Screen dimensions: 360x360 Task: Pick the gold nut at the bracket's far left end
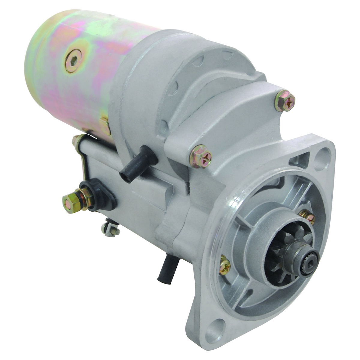point(76,140)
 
